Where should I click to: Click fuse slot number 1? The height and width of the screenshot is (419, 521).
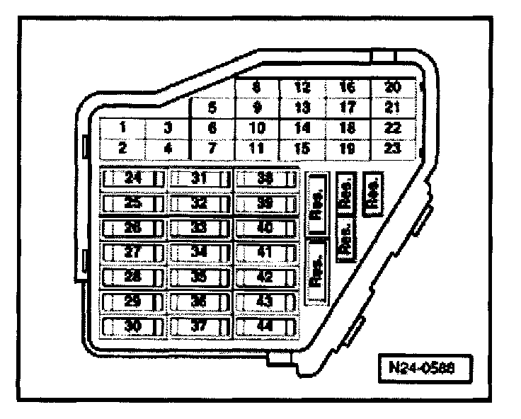click(122, 128)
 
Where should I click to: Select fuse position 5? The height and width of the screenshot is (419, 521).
click(212, 108)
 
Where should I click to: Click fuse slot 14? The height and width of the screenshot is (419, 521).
click(303, 128)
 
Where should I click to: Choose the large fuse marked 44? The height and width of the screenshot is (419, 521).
click(265, 326)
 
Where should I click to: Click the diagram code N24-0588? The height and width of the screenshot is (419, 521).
click(423, 369)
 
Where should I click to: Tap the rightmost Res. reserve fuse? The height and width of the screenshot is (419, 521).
click(372, 191)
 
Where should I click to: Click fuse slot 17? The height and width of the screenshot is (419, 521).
click(347, 108)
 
